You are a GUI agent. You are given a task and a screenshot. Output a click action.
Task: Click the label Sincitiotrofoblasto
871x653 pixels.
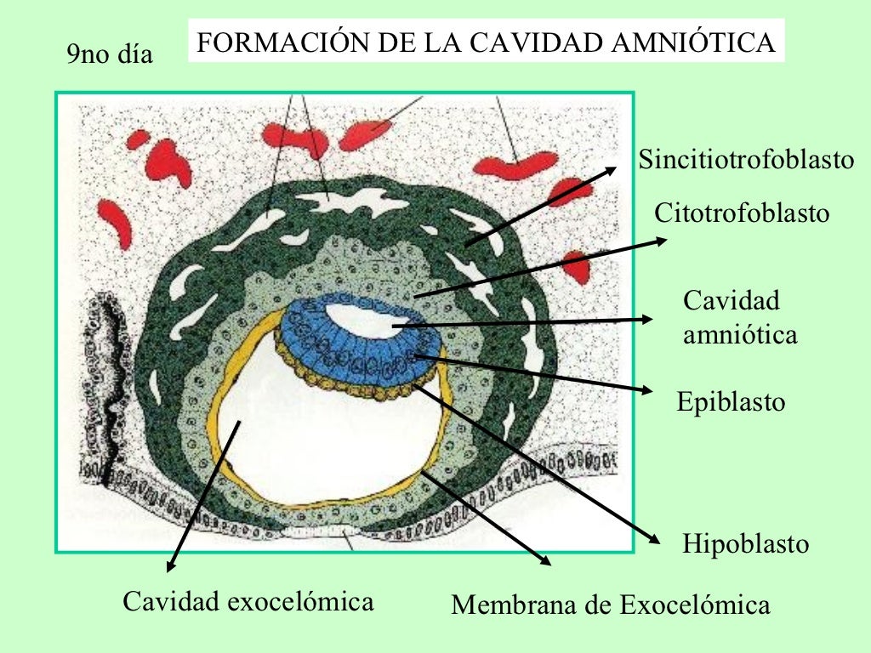(746, 160)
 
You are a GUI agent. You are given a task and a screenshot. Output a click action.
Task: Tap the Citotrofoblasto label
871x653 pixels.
(741, 213)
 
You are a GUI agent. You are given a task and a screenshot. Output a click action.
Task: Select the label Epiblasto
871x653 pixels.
(731, 401)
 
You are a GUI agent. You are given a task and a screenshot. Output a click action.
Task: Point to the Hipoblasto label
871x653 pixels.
(745, 543)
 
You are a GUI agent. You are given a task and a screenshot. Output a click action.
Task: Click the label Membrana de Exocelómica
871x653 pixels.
(610, 605)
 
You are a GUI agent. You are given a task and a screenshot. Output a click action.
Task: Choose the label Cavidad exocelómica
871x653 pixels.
(248, 602)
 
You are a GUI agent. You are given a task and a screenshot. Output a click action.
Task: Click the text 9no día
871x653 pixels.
(110, 55)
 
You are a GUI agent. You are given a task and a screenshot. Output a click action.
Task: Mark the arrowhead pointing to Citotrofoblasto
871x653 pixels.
(663, 240)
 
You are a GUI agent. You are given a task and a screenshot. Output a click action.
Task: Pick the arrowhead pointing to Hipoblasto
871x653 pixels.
(656, 539)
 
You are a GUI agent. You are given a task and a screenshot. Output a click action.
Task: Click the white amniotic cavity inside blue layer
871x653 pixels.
(361, 319)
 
